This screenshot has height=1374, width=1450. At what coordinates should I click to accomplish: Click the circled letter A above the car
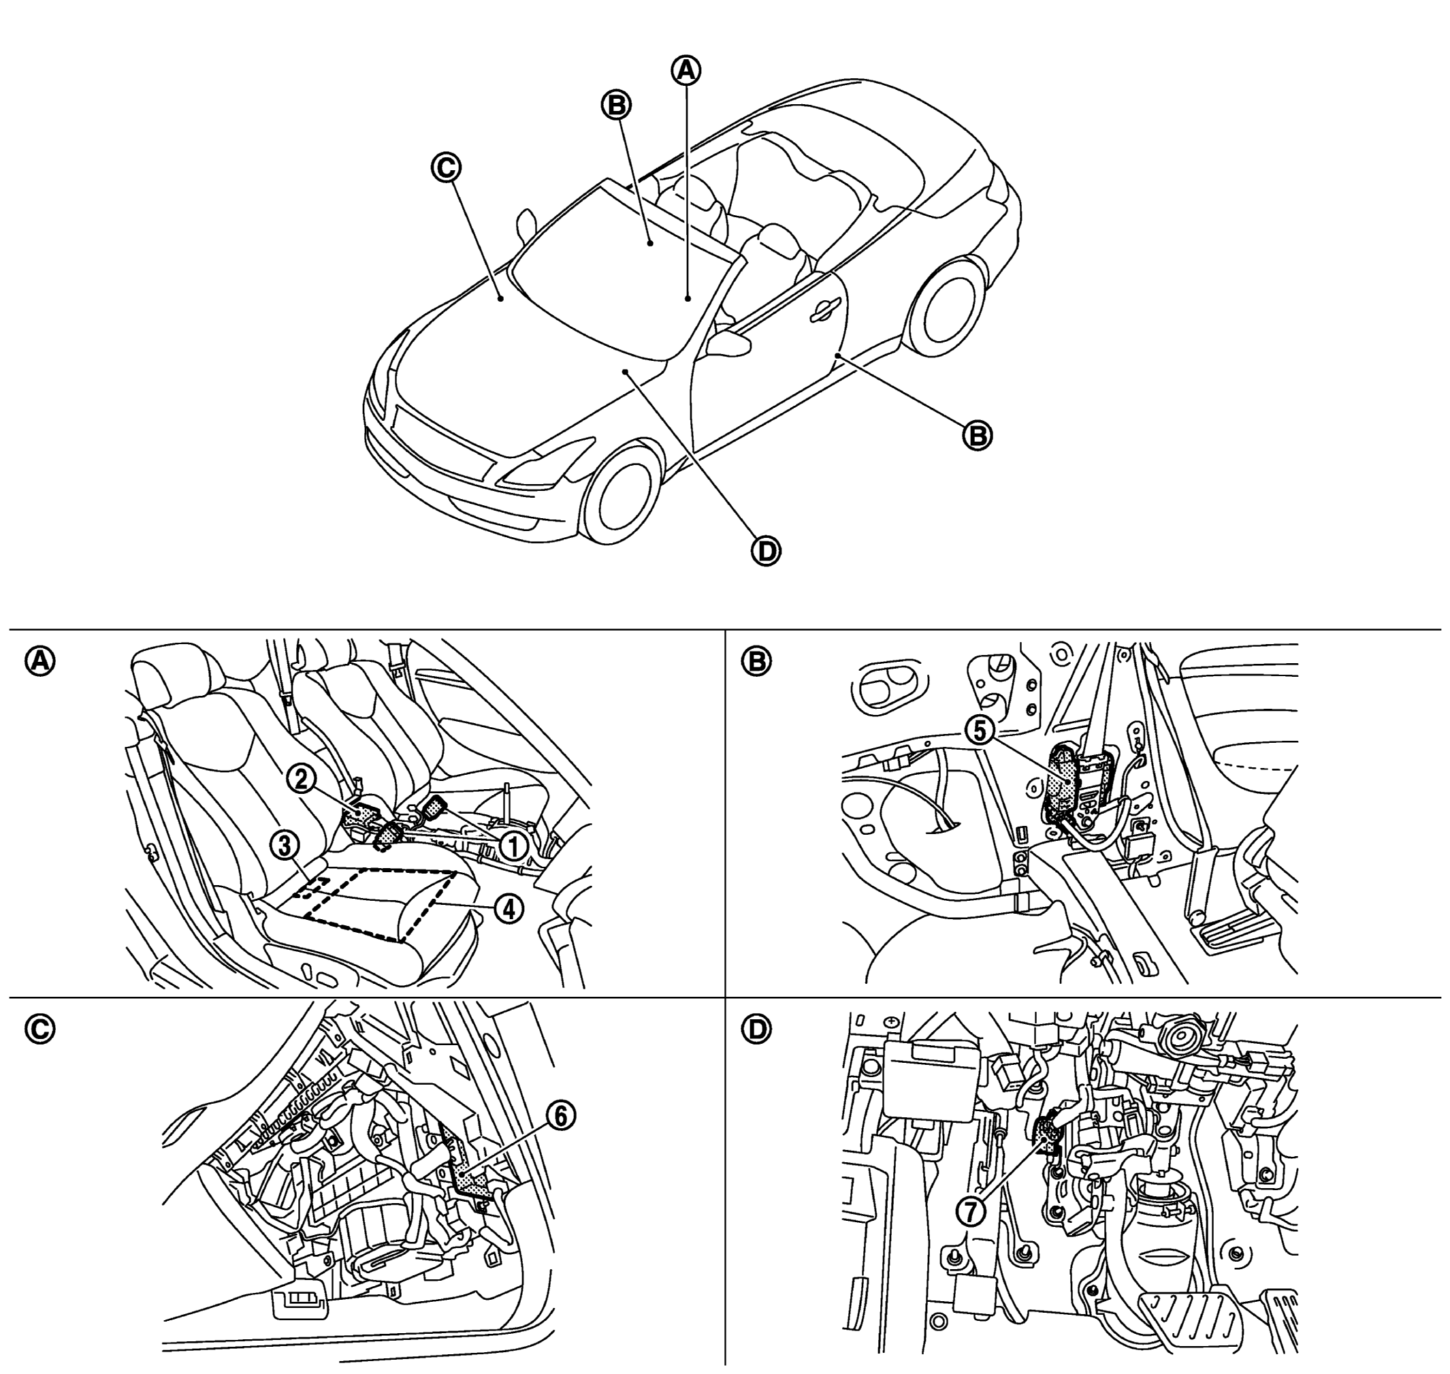686,70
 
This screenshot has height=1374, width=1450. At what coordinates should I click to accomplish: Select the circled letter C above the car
445,167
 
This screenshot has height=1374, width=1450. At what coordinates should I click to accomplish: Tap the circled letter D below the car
767,552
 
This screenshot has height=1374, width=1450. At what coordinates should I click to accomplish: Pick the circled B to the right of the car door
977,436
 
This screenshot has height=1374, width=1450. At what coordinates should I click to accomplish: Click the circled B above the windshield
616,105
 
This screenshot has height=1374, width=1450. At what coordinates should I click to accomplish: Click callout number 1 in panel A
513,847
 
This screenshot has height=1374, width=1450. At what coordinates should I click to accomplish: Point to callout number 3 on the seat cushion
284,845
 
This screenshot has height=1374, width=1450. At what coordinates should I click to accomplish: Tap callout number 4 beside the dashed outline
509,909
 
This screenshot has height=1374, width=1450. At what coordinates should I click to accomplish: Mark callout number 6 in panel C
560,1116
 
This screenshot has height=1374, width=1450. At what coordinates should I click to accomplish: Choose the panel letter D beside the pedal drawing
756,1029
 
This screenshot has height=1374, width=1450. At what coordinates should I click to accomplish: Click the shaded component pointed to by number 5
1063,786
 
